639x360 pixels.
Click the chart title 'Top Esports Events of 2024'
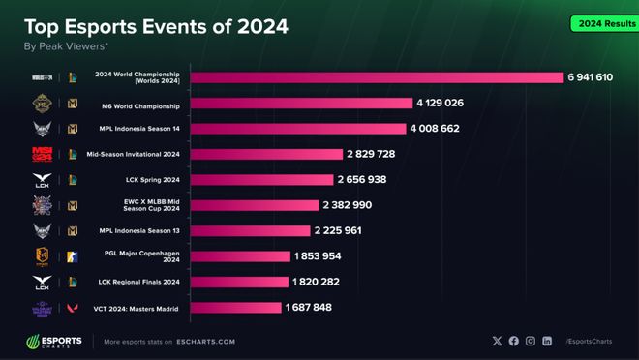tap(154, 27)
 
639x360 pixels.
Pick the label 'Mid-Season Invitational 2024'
tap(134, 154)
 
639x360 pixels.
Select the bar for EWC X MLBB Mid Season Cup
tap(255, 205)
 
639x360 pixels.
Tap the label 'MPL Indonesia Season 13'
tap(134, 230)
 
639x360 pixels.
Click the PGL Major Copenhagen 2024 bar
tap(240, 256)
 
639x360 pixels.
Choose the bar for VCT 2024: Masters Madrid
tap(235, 308)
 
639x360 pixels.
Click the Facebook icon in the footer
tap(514, 342)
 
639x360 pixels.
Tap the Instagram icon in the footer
tap(531, 342)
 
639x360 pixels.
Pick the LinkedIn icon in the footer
tap(547, 342)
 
